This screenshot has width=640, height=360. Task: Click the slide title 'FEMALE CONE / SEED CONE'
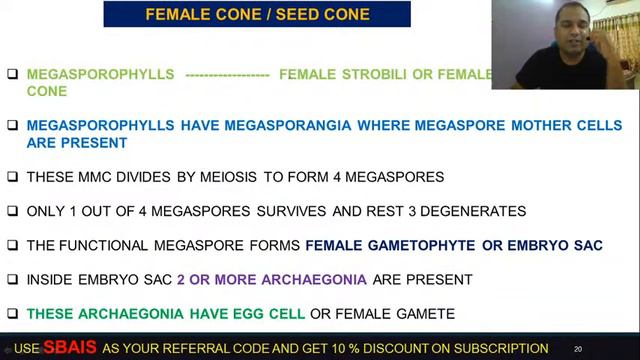coord(257,14)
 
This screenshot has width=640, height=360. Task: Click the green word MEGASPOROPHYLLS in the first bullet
coord(100,74)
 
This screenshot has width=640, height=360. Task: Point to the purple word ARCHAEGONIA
coord(315,279)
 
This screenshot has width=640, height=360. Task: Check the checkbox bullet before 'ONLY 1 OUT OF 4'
coord(12,211)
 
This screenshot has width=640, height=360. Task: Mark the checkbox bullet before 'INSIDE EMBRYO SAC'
coord(12,279)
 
